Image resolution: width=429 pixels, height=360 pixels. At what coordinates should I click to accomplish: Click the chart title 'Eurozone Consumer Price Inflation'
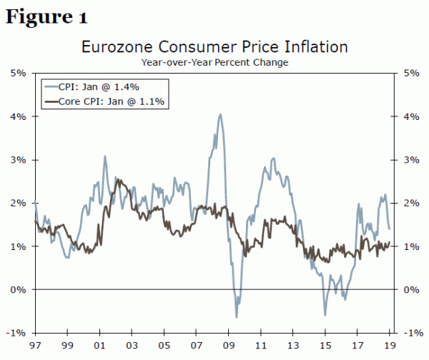tap(214, 48)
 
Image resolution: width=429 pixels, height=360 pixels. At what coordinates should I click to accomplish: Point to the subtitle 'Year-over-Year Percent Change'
tap(214, 63)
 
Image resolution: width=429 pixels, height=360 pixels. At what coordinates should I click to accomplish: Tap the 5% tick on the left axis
tap(19, 73)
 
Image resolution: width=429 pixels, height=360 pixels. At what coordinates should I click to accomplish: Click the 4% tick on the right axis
tap(411, 116)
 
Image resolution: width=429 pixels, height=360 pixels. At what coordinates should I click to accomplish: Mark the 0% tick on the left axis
tap(19, 289)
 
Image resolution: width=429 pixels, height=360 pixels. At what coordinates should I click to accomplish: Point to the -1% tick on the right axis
tap(411, 333)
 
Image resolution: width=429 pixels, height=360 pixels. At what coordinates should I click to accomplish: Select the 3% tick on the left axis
tap(19, 159)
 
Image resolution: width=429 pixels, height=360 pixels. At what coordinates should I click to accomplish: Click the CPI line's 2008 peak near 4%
tap(220, 114)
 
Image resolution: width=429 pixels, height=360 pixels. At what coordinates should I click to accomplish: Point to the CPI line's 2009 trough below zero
tap(237, 316)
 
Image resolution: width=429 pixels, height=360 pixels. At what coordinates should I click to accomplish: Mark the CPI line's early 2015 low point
tap(325, 314)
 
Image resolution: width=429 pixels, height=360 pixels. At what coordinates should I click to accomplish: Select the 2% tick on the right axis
tap(411, 203)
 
